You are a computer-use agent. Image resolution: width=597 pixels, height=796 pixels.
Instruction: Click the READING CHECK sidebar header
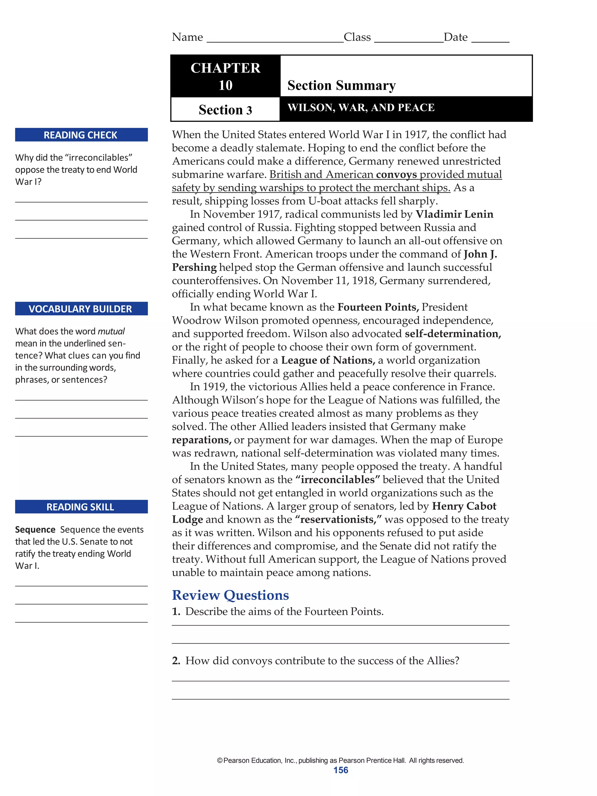click(81, 135)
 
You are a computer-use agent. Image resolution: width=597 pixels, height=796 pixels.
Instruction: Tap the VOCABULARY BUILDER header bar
click(81, 309)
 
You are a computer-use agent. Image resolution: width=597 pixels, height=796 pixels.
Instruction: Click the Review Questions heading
click(230, 595)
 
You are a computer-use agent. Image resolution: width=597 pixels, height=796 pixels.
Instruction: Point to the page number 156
click(340, 770)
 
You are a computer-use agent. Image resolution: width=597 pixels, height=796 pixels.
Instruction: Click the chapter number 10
click(225, 85)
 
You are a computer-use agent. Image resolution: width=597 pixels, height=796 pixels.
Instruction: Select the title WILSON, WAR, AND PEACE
click(361, 108)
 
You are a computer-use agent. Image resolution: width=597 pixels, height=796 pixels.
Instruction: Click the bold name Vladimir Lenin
click(454, 214)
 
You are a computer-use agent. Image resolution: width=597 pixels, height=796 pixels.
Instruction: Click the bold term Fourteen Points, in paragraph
click(378, 307)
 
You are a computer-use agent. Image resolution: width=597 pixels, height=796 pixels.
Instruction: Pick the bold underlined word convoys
click(396, 175)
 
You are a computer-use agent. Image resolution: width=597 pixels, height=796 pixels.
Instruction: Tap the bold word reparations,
click(201, 440)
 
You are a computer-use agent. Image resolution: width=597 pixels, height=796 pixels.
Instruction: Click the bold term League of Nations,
click(328, 360)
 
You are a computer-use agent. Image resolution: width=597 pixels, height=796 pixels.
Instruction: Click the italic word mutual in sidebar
click(111, 331)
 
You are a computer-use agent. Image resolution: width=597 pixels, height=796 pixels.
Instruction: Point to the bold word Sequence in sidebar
click(35, 530)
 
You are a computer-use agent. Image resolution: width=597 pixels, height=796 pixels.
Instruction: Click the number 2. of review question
click(176, 661)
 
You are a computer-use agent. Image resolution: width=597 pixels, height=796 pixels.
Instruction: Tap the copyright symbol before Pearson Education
click(220, 760)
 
